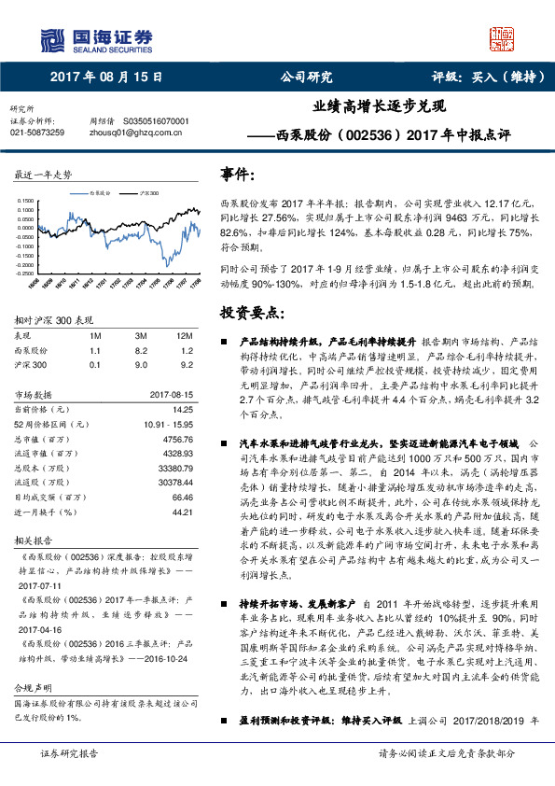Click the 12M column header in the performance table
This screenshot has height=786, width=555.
click(184, 334)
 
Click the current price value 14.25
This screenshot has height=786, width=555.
click(182, 409)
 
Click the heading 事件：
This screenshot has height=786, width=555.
click(237, 175)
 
